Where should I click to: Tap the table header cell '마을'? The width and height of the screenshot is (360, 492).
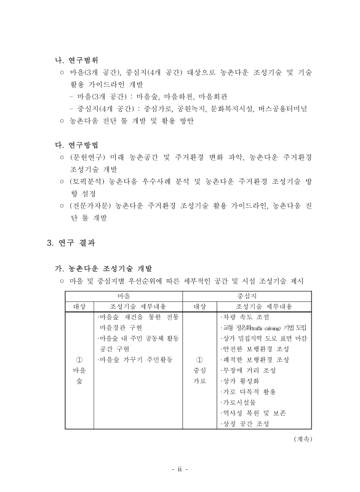coord(124,295)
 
